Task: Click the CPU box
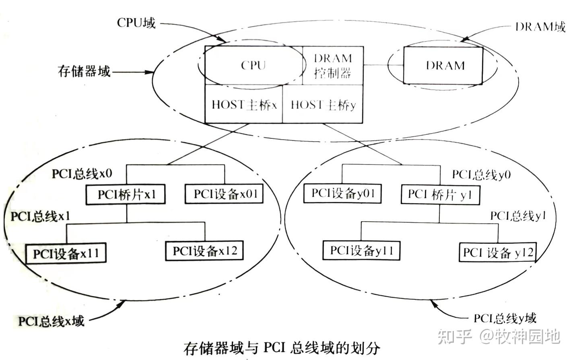click(x=253, y=65)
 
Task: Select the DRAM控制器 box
click(x=333, y=65)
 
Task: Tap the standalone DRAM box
click(x=444, y=65)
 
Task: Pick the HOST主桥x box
click(x=244, y=105)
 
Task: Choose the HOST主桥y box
click(x=323, y=105)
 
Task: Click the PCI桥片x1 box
click(x=126, y=195)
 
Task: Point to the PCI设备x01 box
click(x=225, y=194)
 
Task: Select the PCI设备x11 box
click(x=66, y=254)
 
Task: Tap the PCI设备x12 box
click(x=205, y=251)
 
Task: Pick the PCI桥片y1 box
click(x=440, y=195)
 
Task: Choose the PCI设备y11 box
click(x=361, y=251)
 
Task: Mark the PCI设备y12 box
click(x=498, y=253)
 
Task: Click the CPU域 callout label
click(x=136, y=23)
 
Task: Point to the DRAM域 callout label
click(x=540, y=27)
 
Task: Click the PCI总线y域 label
click(x=505, y=319)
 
